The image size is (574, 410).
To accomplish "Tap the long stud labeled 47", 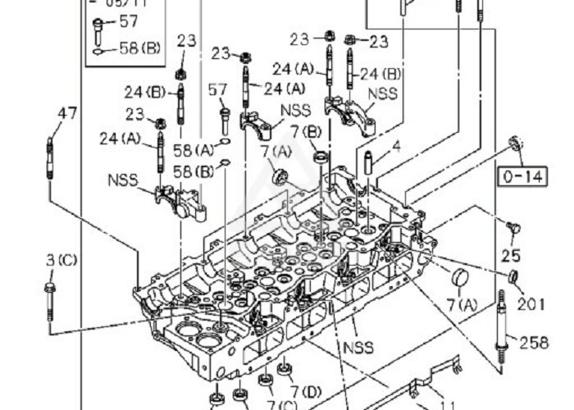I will tap(51, 160).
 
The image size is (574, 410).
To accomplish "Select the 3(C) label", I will tap(61, 260).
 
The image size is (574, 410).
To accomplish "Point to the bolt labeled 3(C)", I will tap(51, 302).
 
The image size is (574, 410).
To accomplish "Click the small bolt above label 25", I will tap(513, 227).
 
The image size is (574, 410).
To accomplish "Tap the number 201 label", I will tap(531, 304).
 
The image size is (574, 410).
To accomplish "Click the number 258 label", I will tap(533, 343).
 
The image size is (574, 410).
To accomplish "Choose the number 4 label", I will tap(396, 147).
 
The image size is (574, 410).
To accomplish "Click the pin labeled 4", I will tap(368, 162).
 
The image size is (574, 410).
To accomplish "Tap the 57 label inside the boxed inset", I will tap(129, 21).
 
